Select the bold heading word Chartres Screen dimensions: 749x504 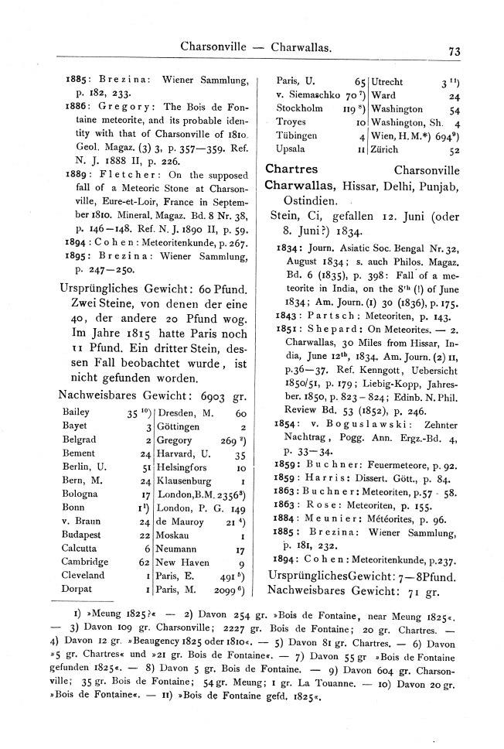[x=291, y=169]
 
